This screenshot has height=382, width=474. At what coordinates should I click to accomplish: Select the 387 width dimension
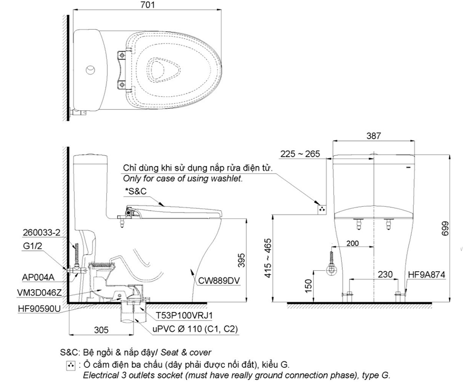pyautogui.click(x=374, y=136)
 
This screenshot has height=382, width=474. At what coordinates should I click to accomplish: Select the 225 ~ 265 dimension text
pyautogui.click(x=300, y=154)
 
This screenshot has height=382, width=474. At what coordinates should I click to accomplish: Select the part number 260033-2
pyautogui.click(x=40, y=232)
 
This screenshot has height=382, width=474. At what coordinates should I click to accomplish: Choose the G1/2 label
pyautogui.click(x=32, y=246)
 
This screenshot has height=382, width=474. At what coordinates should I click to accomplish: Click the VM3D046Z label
pyautogui.click(x=39, y=292)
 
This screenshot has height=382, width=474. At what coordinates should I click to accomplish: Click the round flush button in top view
pyautogui.click(x=90, y=71)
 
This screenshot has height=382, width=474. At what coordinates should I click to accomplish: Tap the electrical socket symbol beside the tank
pyautogui.click(x=322, y=209)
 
